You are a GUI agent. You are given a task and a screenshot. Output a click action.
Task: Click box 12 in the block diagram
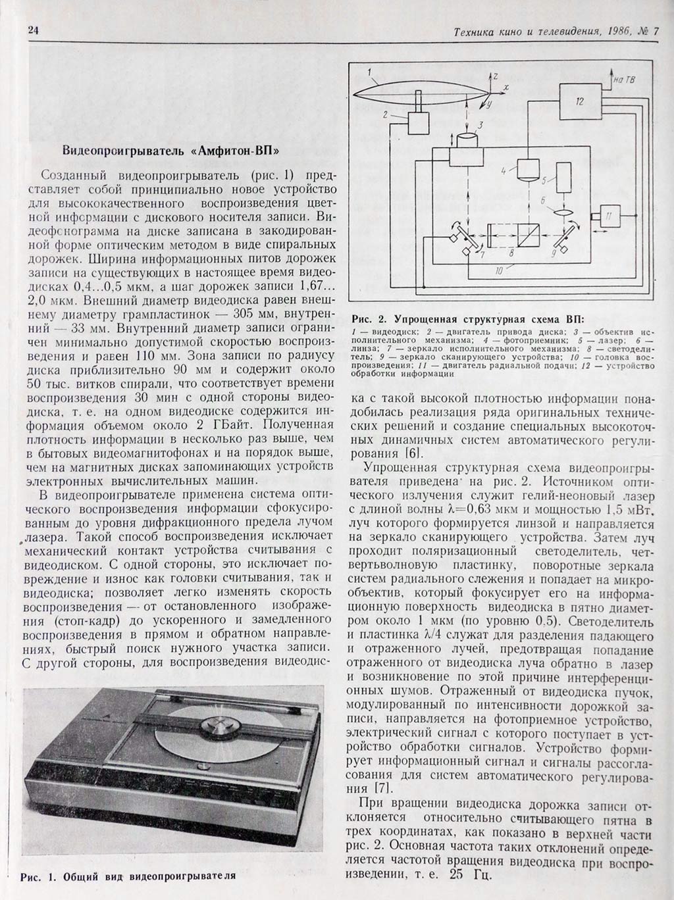[x=579, y=101]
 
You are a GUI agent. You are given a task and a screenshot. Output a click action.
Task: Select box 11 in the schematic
[x=609, y=216]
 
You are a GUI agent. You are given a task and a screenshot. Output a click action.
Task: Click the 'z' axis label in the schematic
[x=496, y=76]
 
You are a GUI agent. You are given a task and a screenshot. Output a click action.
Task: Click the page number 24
[x=34, y=30]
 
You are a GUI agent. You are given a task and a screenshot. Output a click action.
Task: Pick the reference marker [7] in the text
[x=382, y=787]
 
